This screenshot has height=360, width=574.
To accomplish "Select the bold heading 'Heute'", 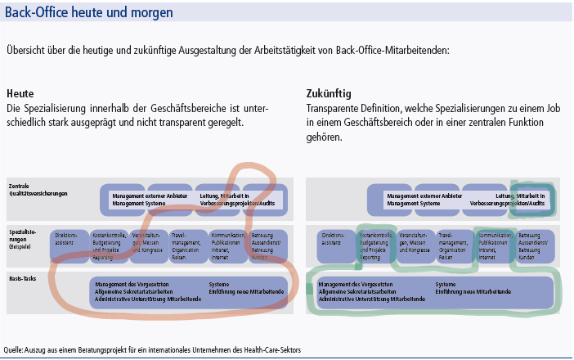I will click(x=20, y=93).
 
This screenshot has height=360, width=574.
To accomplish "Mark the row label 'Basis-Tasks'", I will click(x=25, y=278).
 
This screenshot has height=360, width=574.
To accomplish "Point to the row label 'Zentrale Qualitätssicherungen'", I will click(x=38, y=190).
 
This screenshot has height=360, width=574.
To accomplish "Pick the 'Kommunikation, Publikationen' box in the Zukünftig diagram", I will click(x=494, y=245).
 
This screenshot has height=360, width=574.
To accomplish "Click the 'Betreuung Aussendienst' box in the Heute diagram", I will click(x=267, y=245).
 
